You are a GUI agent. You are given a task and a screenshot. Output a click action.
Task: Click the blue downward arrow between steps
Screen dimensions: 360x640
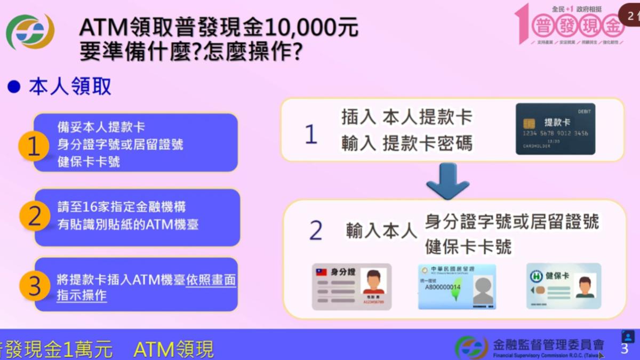tap(447, 181)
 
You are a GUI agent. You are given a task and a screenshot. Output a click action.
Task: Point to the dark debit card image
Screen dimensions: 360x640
tap(555, 129)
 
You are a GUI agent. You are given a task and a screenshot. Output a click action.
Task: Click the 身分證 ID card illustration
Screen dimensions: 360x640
tap(352, 286)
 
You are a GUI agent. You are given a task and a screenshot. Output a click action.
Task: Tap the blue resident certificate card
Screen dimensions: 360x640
tap(457, 286)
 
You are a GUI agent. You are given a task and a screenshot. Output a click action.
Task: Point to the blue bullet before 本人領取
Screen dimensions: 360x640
tap(14, 86)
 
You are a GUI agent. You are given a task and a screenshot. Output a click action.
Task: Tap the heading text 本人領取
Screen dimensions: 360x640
tap(70, 86)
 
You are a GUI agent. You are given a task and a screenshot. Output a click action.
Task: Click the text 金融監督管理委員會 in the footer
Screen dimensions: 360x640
tap(549, 344)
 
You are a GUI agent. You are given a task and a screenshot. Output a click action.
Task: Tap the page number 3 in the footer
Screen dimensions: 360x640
tap(625, 348)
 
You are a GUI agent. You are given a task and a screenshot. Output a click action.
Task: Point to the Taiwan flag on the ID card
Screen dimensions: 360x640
tap(322, 272)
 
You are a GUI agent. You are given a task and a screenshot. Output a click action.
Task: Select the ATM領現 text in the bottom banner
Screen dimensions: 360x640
tap(173, 350)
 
